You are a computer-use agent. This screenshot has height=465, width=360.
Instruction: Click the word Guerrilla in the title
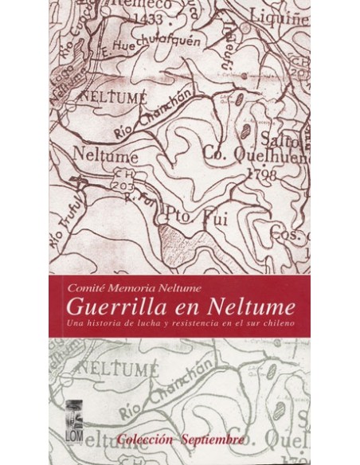point(115,305)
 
